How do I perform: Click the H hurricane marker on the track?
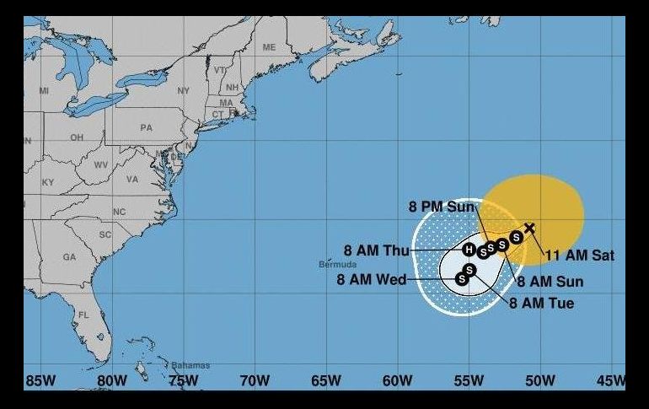pyautogui.click(x=469, y=249)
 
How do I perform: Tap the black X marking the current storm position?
pyautogui.click(x=529, y=228)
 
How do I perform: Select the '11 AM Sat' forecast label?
pyautogui.click(x=580, y=255)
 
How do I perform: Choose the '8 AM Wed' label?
pyautogui.click(x=372, y=280)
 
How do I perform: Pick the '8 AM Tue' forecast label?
pyautogui.click(x=541, y=303)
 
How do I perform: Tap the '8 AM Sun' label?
pyautogui.click(x=550, y=282)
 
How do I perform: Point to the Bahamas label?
pyautogui.click(x=190, y=365)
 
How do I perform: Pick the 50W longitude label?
pyautogui.click(x=539, y=381)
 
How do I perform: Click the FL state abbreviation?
pyautogui.click(x=83, y=315)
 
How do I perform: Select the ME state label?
pyautogui.click(x=269, y=47)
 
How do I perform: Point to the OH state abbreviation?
pyautogui.click(x=77, y=137)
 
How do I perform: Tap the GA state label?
pyautogui.click(x=69, y=256)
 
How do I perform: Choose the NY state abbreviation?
pyautogui.click(x=184, y=90)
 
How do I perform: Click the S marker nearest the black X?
pyautogui.click(x=516, y=238)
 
